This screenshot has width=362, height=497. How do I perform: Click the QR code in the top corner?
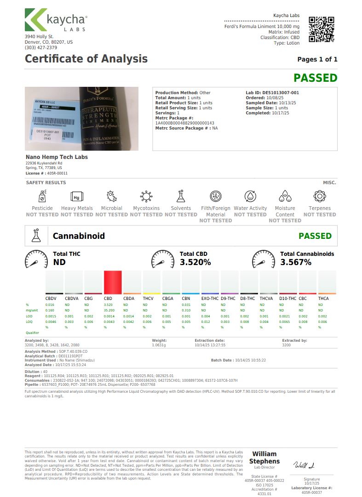[321, 29]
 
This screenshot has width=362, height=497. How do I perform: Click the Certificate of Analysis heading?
[86, 59]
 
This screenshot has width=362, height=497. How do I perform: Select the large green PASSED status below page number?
[316, 78]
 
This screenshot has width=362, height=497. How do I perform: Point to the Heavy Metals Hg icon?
[77, 197]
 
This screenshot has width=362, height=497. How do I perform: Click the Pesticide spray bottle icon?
[42, 197]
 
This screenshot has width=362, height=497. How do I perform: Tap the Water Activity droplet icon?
[250, 197]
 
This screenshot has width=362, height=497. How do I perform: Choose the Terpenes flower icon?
[320, 197]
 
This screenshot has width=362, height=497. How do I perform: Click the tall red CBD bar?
[113, 282]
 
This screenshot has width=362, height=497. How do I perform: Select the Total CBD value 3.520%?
[195, 262]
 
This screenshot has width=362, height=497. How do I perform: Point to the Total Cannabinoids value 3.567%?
[296, 262]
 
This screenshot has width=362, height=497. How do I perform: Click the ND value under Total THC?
[59, 262]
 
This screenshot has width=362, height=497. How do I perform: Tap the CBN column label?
[186, 299]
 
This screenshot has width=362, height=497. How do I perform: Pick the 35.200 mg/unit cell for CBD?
[109, 310]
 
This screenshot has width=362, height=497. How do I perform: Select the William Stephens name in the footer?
[264, 457]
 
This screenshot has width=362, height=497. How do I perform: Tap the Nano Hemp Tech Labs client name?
[57, 157]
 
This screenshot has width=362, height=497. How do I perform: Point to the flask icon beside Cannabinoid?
[36, 235]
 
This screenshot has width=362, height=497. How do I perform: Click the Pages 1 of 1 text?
[317, 59]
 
